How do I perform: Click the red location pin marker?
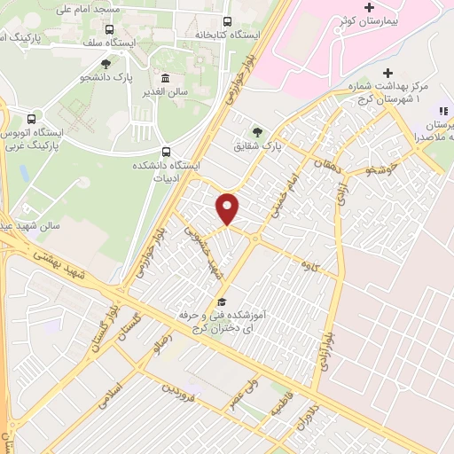(x=229, y=208)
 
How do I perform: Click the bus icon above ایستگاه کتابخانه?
(x=228, y=21)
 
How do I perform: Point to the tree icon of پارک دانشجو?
(x=106, y=64)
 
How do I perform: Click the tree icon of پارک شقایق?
(x=258, y=131)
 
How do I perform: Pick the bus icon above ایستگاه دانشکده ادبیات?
(x=168, y=151)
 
